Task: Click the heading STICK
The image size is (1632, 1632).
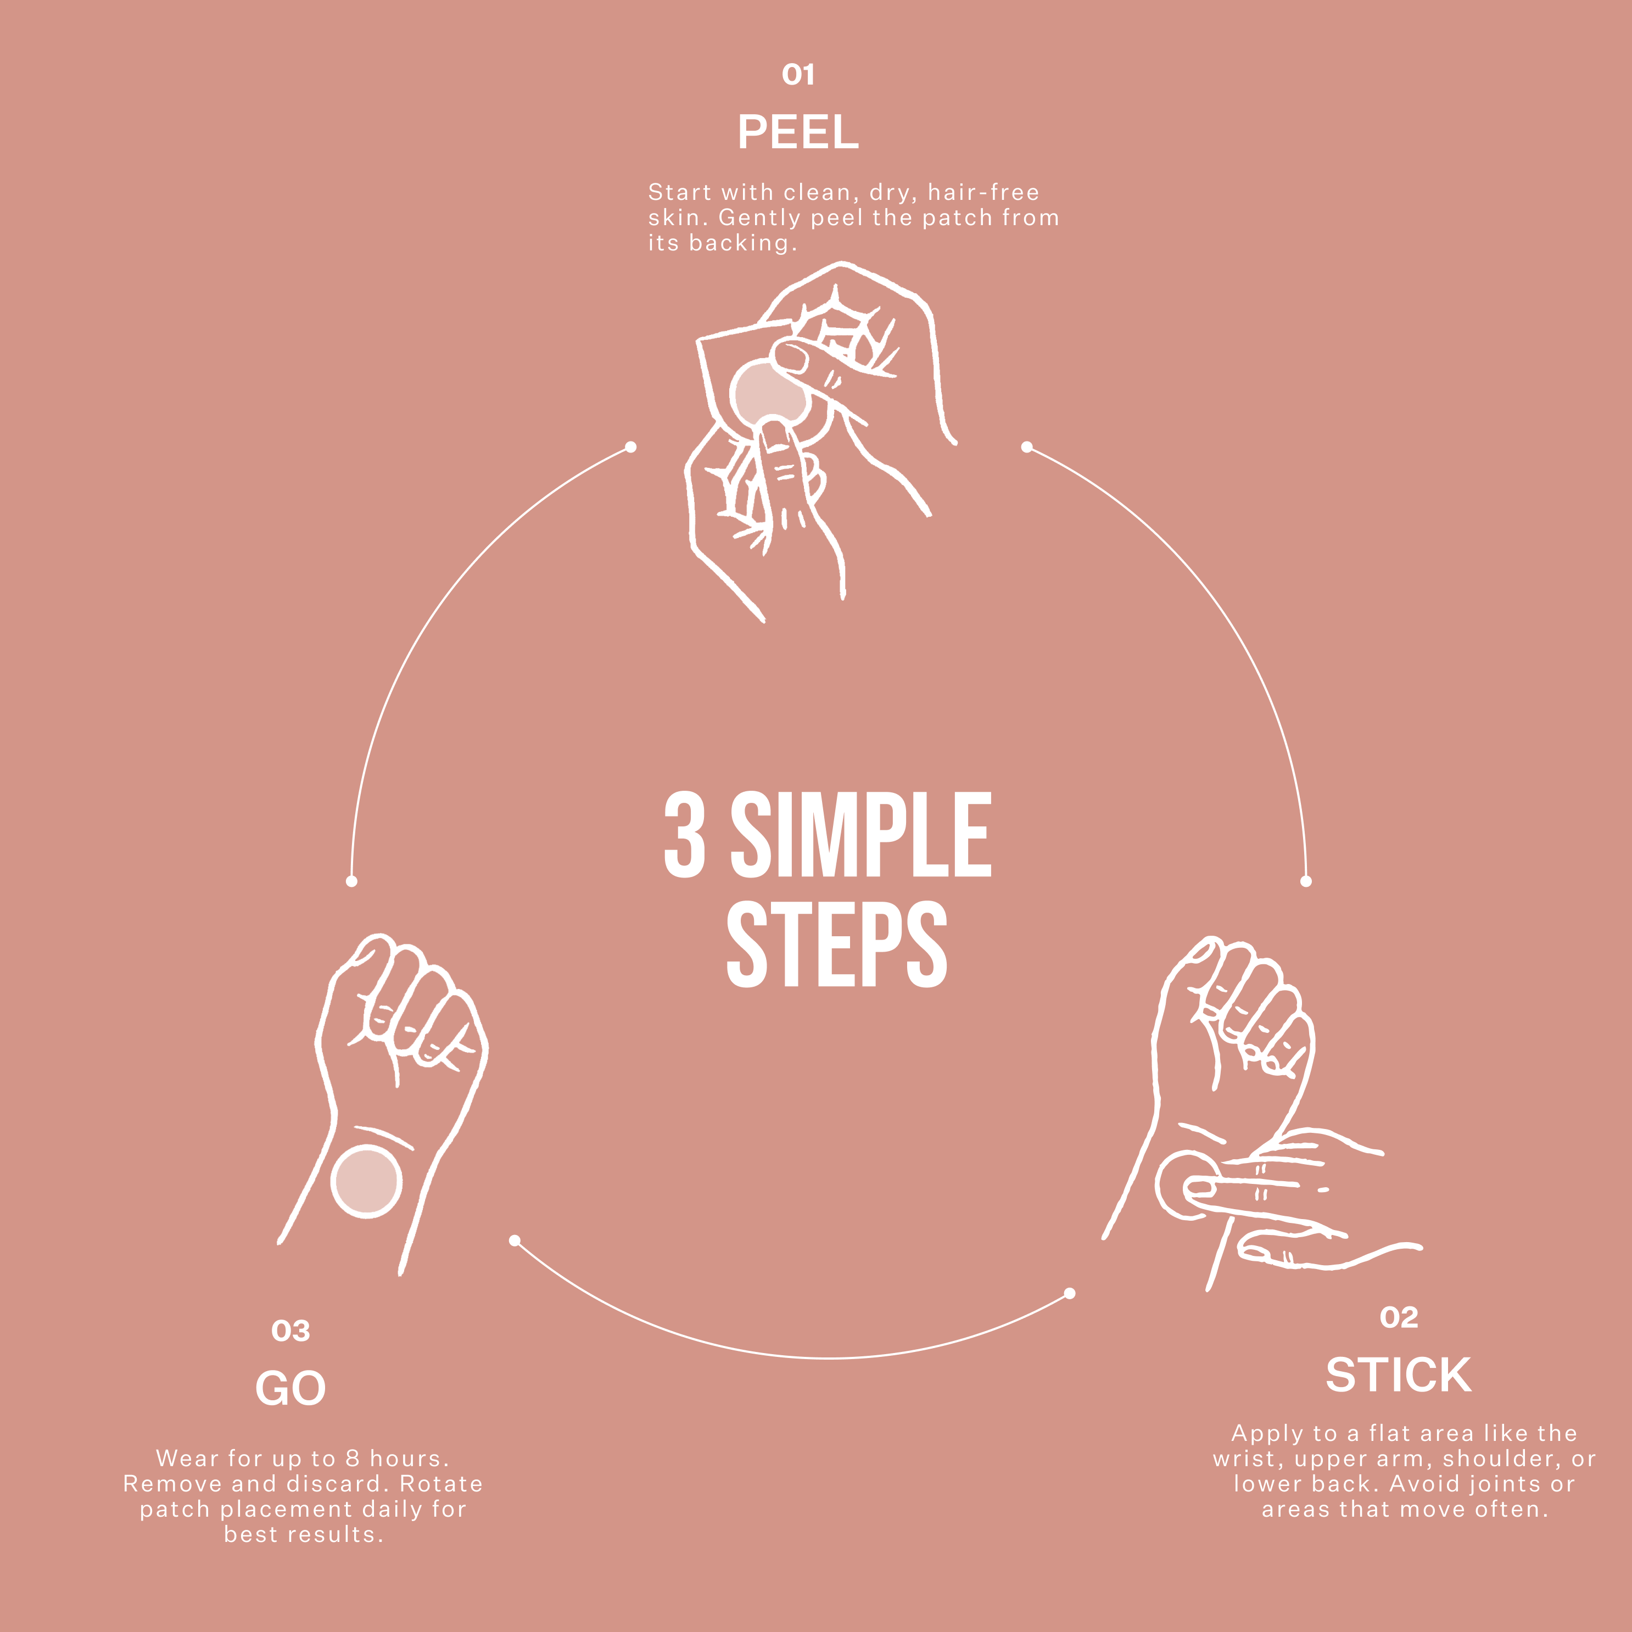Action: coord(1398,1375)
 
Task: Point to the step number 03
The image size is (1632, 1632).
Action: coord(290,1331)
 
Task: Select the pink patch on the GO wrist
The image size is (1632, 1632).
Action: coord(366,1181)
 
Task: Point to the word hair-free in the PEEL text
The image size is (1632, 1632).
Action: coord(983,193)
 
